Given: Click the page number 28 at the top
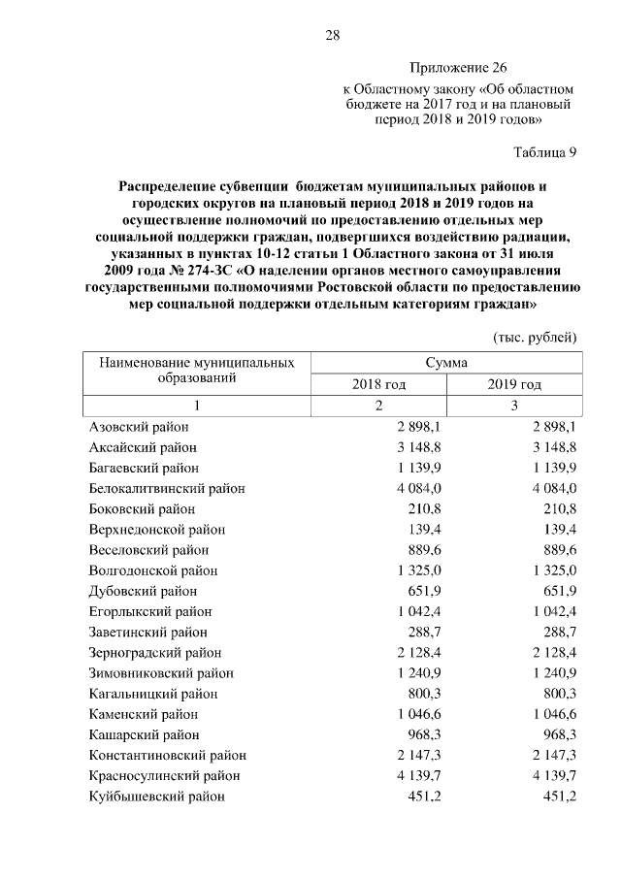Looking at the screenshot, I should coord(332,36).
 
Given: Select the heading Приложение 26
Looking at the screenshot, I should coord(458,68).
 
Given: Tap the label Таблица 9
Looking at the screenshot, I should coord(544,151).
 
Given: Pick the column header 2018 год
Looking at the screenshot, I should coord(378,384).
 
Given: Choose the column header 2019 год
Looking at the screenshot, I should coord(514,384).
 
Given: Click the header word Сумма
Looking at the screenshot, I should coord(446,362).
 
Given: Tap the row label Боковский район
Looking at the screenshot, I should coord(142,508).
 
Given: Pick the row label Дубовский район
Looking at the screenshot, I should coord(143,591).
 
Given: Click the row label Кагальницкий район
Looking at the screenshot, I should coord(153,694).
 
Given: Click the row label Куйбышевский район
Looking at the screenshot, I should coord(156,797).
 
